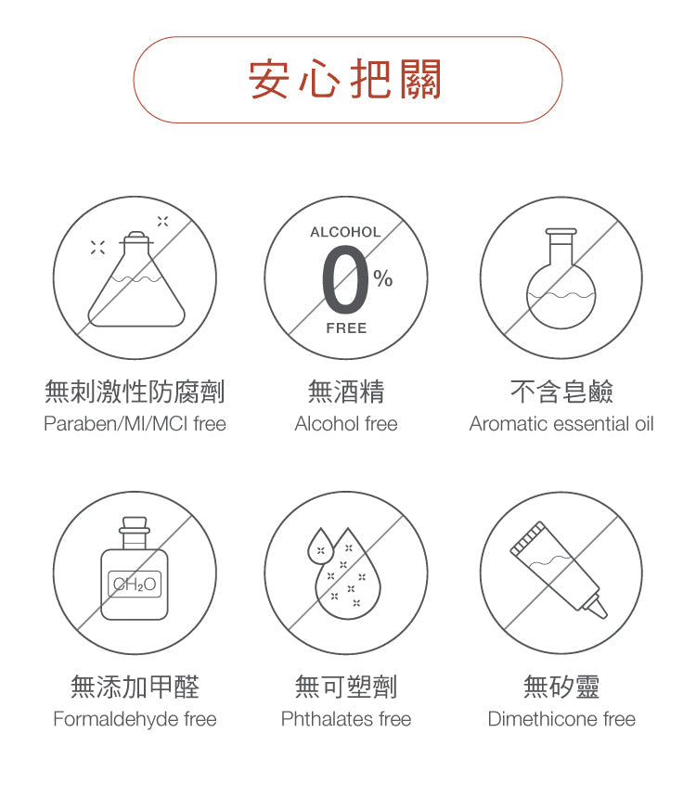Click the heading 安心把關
click(345, 79)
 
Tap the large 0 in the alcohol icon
click(345, 279)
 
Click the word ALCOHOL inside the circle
click(346, 232)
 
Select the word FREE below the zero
click(346, 328)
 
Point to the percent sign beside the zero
click(383, 278)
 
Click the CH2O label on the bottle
click(135, 585)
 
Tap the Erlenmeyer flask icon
click(135, 279)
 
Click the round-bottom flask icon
click(561, 278)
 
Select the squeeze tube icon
click(559, 570)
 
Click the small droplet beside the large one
click(320, 546)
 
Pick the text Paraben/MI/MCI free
click(135, 424)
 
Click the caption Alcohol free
click(346, 424)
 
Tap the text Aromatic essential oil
click(561, 424)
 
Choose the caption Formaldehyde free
click(135, 719)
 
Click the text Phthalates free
click(346, 719)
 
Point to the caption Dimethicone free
click(561, 719)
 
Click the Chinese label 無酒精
click(346, 392)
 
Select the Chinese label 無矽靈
click(561, 687)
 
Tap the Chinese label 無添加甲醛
click(135, 687)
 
